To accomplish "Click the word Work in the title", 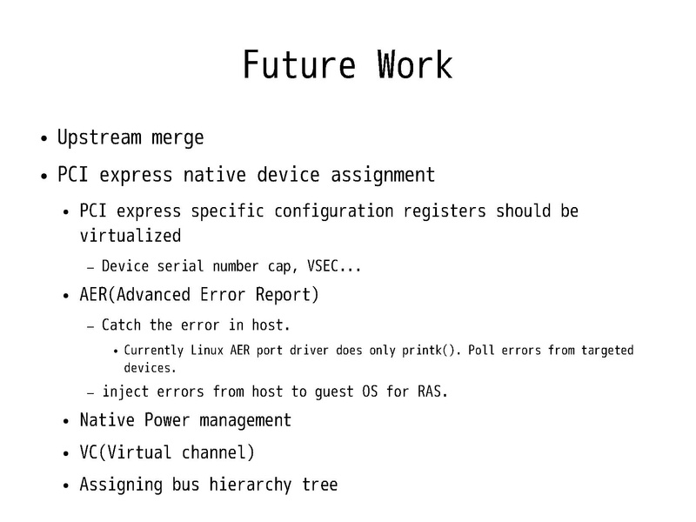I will coord(414,66).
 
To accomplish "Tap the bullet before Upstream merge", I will coord(43,139).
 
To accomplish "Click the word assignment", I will coord(383,175).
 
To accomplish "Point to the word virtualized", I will coord(130,236).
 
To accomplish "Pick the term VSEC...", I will coord(329,266).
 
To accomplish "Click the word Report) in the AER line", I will coord(289,295).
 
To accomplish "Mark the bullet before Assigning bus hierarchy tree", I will coord(67,485).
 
